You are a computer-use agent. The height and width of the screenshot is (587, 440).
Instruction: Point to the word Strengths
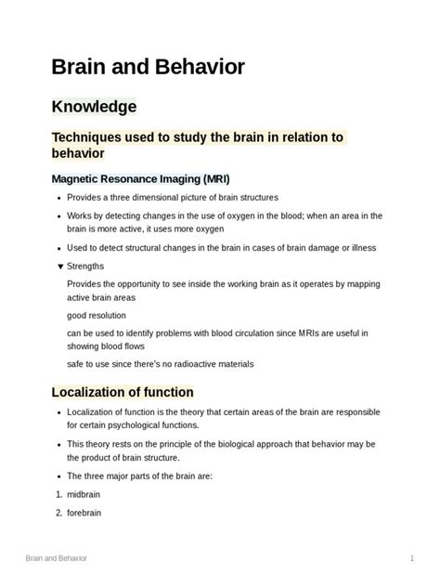click(86, 266)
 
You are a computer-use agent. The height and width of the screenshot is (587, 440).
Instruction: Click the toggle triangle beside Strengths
click(60, 266)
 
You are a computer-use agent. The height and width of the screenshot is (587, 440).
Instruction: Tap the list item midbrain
click(86, 495)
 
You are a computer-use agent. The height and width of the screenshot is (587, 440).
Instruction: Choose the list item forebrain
click(86, 512)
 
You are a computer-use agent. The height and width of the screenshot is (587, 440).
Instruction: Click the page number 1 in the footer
click(411, 558)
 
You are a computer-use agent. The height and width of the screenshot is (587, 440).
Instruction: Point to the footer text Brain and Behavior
click(56, 558)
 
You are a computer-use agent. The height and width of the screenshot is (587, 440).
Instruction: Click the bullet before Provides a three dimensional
click(60, 198)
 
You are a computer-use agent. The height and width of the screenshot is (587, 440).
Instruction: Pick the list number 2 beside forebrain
click(59, 512)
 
